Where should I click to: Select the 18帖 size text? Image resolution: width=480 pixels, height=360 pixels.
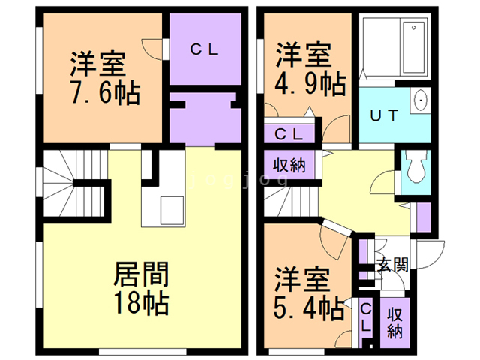[x=142, y=303]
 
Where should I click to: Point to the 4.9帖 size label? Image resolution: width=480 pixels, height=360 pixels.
[x=310, y=83]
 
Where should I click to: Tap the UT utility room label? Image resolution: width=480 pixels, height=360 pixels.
[x=384, y=115]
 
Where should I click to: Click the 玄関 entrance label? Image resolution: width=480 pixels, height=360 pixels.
[x=393, y=265]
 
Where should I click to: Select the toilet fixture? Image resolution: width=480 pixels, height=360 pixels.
[x=415, y=166]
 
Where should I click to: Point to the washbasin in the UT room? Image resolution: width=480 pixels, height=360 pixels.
[x=421, y=100]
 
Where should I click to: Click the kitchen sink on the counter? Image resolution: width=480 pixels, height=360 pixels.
[x=172, y=211]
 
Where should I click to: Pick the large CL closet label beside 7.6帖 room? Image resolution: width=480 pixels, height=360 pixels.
[x=205, y=49]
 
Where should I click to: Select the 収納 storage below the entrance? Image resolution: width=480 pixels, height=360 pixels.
[x=394, y=323]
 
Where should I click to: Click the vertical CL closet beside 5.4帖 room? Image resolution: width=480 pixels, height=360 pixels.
[x=366, y=318]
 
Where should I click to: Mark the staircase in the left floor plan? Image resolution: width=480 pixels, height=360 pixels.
[x=75, y=183]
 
